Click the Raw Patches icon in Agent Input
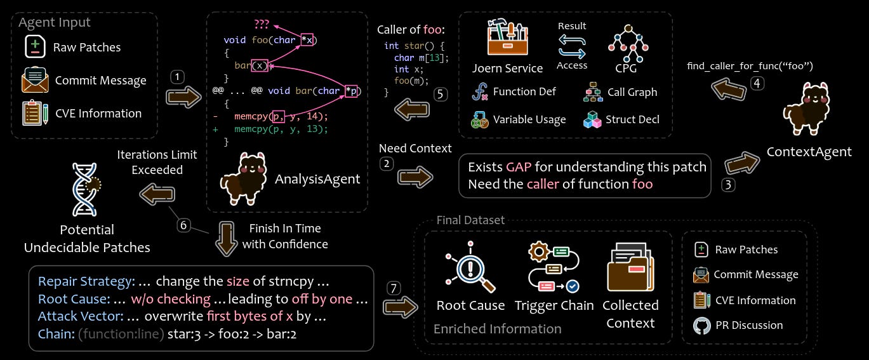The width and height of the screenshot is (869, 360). point(34,47)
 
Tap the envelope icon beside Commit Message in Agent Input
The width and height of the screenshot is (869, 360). point(34,80)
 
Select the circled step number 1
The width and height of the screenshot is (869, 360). point(178,77)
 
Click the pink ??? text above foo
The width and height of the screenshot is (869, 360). point(261,24)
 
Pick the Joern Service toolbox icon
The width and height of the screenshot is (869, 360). point(507,37)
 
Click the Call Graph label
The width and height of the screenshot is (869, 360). point(632,92)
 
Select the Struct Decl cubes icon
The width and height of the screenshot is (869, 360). point(592,119)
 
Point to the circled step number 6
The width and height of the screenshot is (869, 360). point(183,225)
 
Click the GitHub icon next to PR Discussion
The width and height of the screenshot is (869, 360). point(701,325)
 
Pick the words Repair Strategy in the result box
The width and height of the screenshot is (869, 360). point(86,281)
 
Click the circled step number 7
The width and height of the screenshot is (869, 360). point(395,289)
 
